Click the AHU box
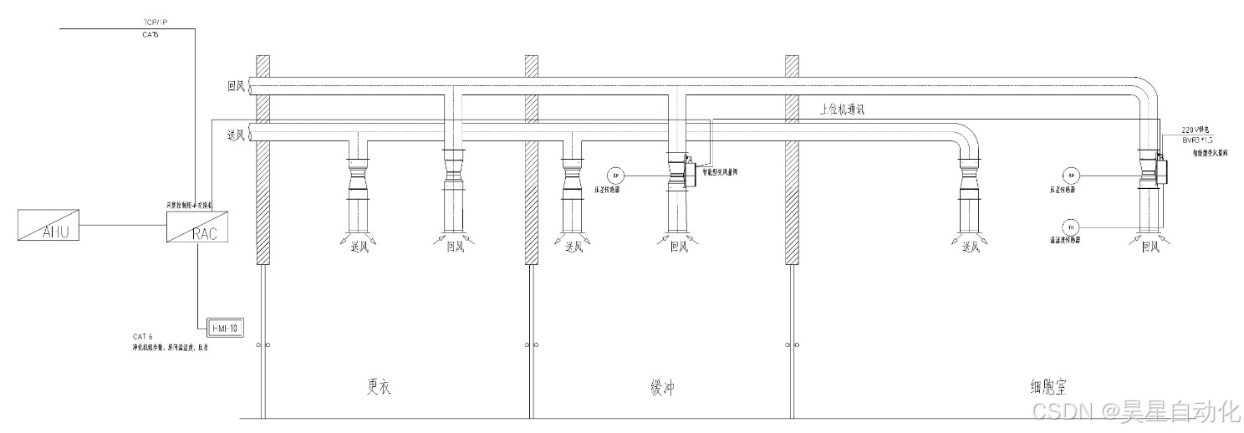coord(49,226)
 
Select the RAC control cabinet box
coord(197,226)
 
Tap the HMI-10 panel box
coord(223,329)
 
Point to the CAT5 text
coord(150,35)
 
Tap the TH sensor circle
coord(1071,227)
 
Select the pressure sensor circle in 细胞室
coord(1071,176)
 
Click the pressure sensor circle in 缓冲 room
coord(616,176)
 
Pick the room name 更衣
coord(379,387)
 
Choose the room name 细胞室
coord(1048,387)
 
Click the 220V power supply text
coord(1196,130)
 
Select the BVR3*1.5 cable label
coord(1197,140)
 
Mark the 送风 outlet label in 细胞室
coord(970,247)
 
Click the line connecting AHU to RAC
coord(123,226)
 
